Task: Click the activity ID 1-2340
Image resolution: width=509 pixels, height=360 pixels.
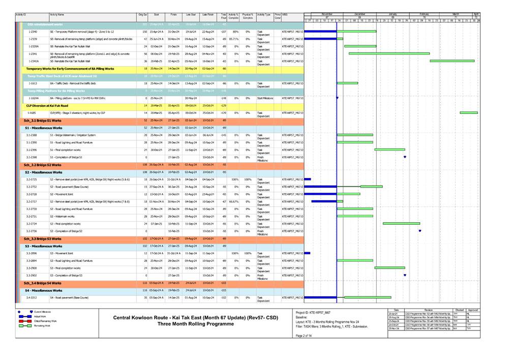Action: pos(33,32)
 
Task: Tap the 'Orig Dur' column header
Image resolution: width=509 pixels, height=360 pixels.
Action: pos(142,16)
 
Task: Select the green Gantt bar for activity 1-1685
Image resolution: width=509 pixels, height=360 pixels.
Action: pos(468,113)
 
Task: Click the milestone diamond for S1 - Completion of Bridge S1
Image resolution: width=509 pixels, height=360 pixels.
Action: pos(405,157)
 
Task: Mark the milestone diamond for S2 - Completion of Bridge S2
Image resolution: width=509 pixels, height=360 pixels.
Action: pos(420,231)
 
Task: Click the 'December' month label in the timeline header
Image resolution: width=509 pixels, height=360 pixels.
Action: pos(360,14)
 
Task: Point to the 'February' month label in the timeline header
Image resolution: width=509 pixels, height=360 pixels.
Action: pos(424,14)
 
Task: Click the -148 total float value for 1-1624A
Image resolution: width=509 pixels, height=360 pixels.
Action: pos(223,98)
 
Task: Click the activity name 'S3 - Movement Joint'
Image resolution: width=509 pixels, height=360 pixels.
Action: pos(67,253)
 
